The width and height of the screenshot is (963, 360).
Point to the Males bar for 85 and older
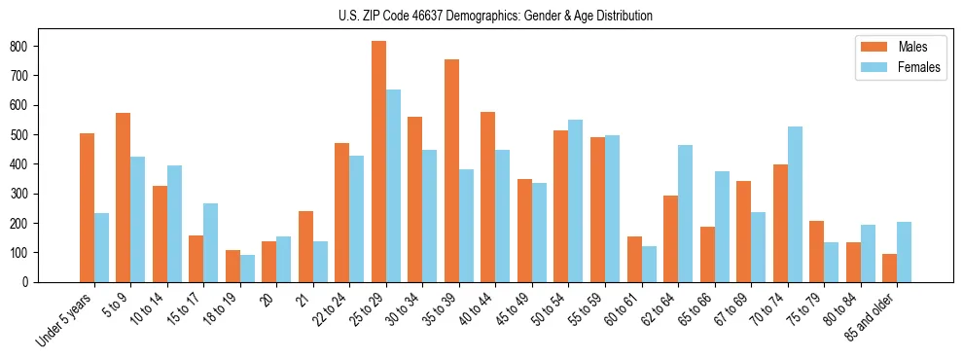pos(890,268)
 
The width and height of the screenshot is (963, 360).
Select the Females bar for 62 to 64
pos(686,213)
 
